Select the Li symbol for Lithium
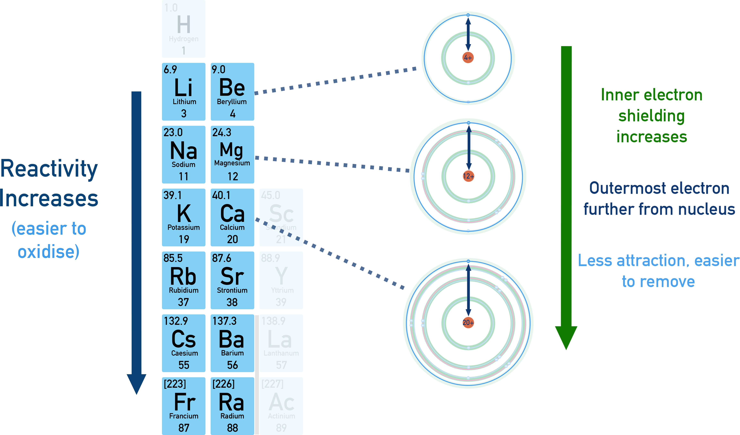point(183,87)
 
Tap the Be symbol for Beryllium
point(232,87)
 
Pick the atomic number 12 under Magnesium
point(233,176)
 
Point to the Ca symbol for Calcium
point(232,213)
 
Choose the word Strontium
point(232,290)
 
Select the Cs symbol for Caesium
point(183,339)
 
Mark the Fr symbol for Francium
point(184,402)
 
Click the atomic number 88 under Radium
point(232,428)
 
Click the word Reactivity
point(49,169)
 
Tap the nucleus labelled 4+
point(468,59)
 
